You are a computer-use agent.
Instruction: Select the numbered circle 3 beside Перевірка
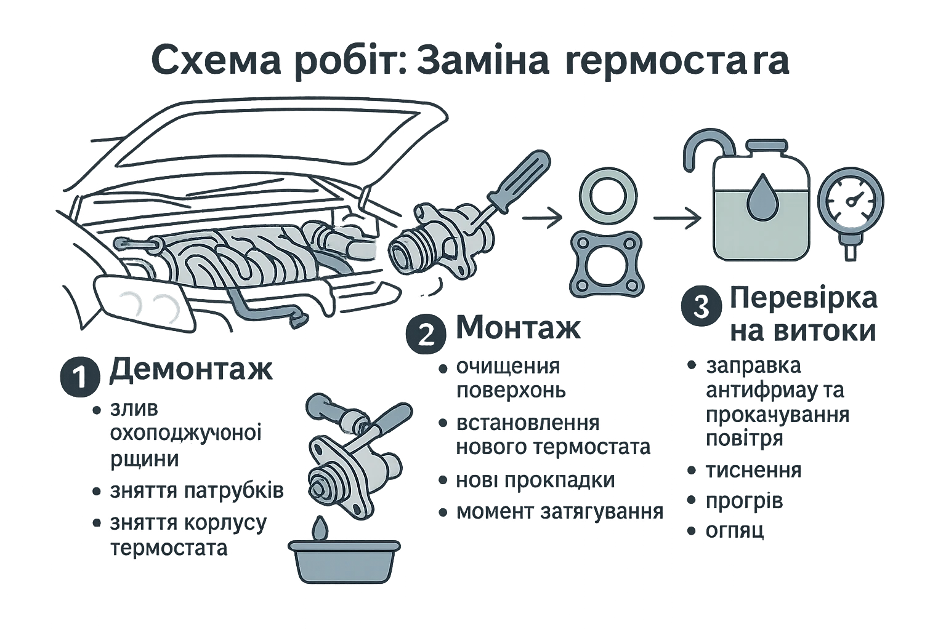pos(701,306)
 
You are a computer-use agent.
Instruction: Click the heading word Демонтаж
pos(190,371)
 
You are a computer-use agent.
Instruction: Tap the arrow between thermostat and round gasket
pos(542,218)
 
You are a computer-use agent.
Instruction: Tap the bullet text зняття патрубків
pos(197,491)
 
